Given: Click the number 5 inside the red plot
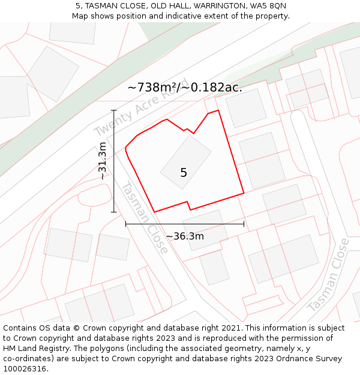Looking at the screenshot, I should pos(184,173).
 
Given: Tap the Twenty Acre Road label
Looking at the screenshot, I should pos(141,107).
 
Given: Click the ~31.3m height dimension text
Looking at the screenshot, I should pos(103,161).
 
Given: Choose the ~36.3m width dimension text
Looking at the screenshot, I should pos(185,236).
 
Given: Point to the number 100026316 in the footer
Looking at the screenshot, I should pos(25,369).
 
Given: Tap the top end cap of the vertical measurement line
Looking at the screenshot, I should pos(114,110).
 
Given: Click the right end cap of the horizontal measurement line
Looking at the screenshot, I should pos(244,224).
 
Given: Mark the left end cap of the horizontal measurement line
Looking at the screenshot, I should pos(126,224).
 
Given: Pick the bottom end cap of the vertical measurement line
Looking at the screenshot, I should pos(114,212).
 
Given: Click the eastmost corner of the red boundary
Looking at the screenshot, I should pos(244,193).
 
